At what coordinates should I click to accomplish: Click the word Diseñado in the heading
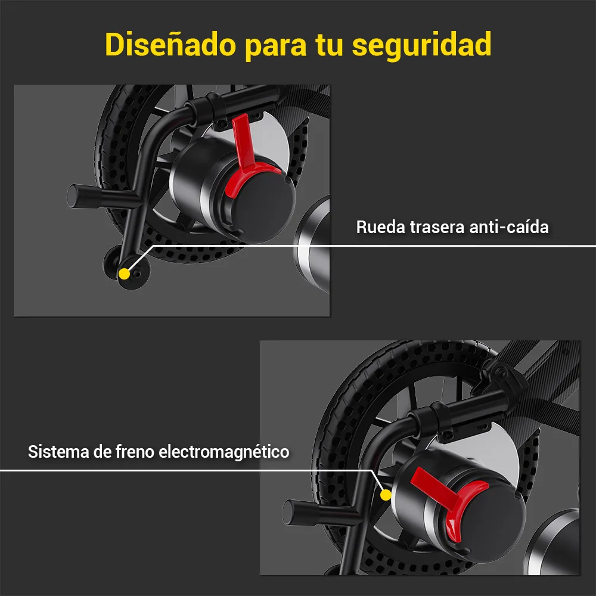[170, 45]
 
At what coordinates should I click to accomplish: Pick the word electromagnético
[224, 452]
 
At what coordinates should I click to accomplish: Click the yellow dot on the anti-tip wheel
[125, 274]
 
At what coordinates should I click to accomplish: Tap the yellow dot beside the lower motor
[386, 495]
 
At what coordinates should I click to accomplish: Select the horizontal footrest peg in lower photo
[320, 514]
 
